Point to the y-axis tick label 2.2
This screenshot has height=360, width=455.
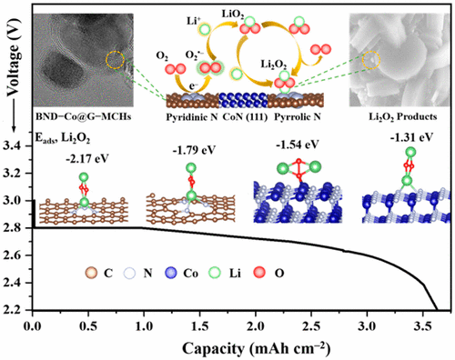(15, 310)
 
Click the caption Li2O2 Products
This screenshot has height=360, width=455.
(392, 119)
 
